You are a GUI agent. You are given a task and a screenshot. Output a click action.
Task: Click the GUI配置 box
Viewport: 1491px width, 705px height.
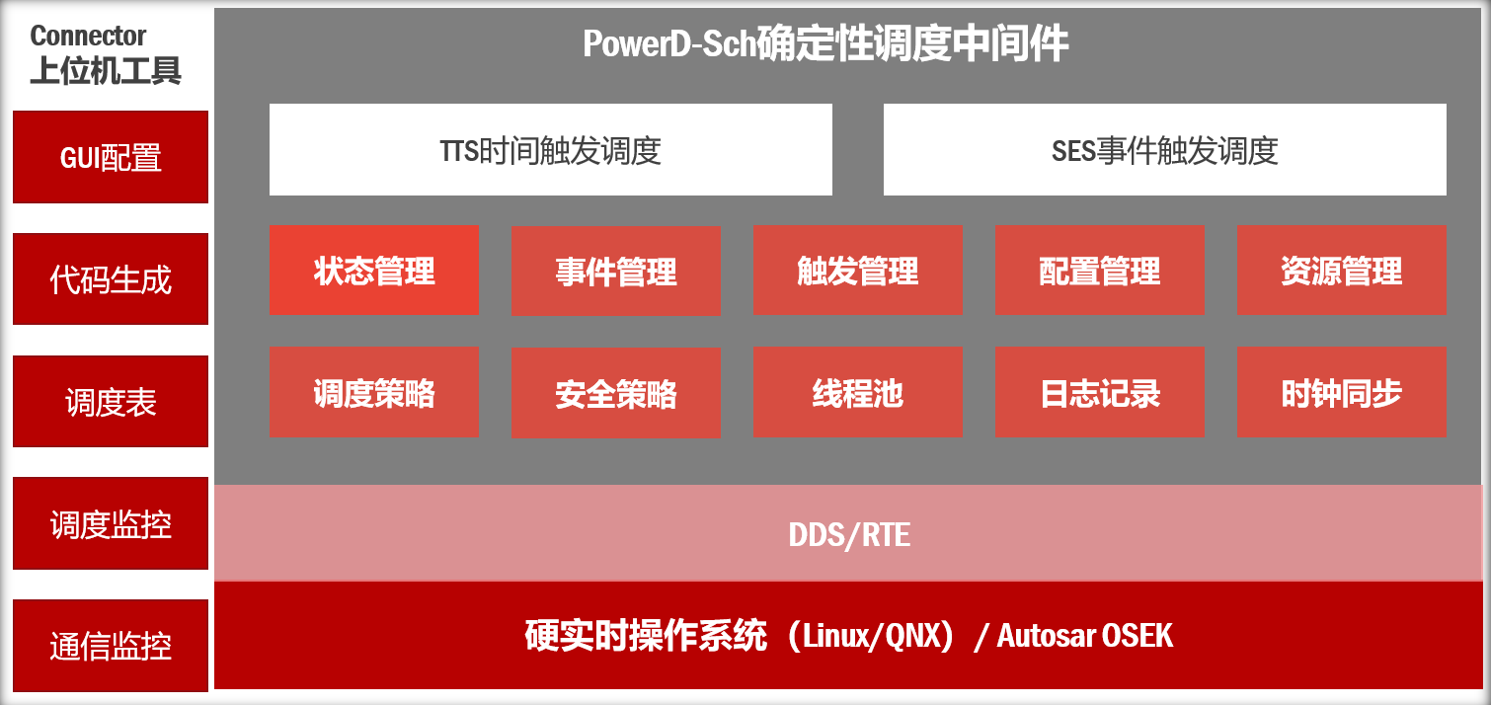point(111,157)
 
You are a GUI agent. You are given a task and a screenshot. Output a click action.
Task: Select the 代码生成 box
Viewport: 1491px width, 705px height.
point(111,278)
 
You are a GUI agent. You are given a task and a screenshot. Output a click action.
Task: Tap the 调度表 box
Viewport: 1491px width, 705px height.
point(111,402)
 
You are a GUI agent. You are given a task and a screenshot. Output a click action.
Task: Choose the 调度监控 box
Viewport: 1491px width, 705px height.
point(111,523)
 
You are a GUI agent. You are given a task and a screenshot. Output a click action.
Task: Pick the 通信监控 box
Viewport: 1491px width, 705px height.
point(111,646)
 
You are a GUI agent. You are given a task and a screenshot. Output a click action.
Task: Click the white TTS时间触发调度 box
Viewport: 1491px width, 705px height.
point(550,150)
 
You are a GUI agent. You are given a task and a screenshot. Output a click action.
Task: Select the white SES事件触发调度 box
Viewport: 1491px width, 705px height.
point(1165,150)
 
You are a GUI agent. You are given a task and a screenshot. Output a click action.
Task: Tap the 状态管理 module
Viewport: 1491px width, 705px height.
point(374,271)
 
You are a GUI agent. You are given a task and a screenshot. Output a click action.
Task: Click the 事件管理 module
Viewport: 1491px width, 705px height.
point(616,271)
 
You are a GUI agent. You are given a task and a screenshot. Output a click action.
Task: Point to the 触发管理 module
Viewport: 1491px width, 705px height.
point(858,271)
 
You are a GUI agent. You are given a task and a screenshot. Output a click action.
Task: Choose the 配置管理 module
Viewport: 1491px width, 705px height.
point(1100,271)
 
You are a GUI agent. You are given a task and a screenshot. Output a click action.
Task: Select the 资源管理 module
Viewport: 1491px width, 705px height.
point(1342,271)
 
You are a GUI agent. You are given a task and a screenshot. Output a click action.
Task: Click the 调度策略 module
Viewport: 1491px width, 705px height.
point(374,392)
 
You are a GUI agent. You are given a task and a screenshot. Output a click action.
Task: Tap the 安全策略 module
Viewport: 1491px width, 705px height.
point(616,393)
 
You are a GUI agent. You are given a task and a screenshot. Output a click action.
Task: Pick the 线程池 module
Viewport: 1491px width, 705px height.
point(858,392)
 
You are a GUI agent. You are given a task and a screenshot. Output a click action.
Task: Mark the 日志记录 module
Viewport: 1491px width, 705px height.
point(1100,392)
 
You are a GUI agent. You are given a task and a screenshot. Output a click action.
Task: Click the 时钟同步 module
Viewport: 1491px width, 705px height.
point(1342,392)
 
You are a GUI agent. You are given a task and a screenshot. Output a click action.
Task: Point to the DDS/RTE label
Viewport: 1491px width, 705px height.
point(849,534)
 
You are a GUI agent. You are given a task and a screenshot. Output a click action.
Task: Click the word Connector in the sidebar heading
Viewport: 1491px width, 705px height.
point(88,36)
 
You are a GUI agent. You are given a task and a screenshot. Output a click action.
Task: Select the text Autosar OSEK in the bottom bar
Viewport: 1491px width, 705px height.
point(1085,635)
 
